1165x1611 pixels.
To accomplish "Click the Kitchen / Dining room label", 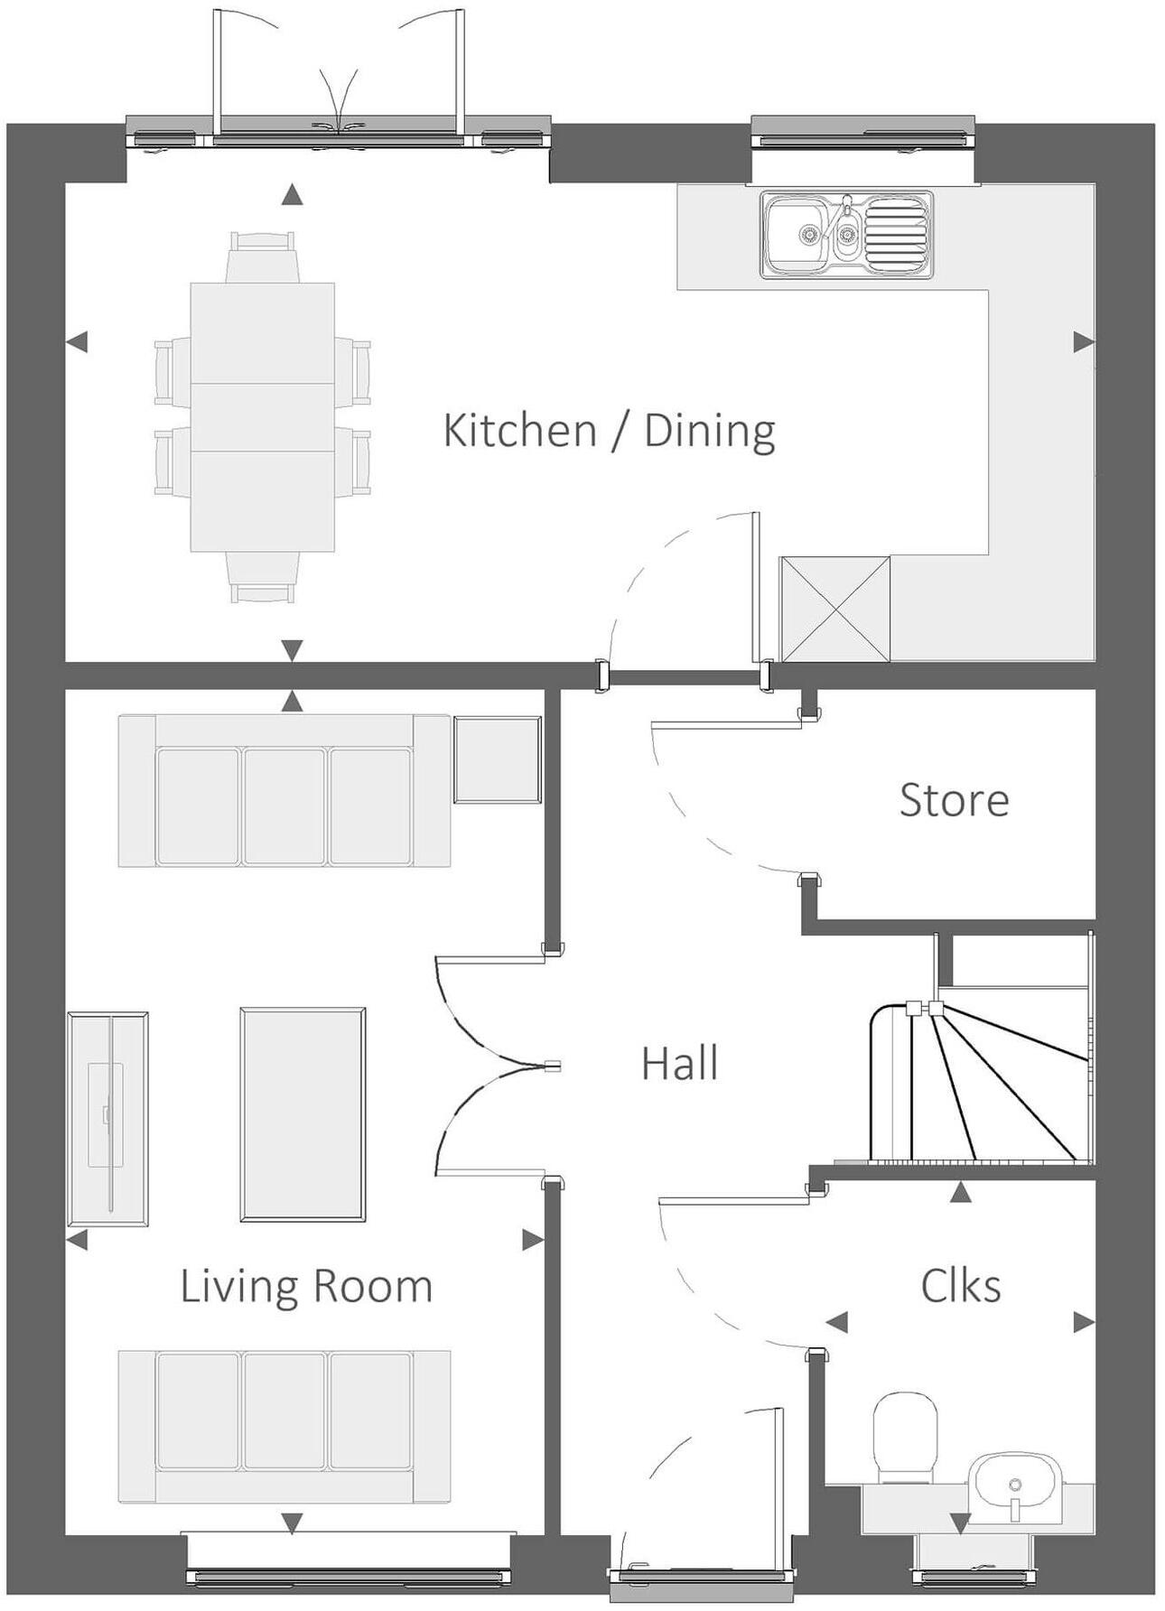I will click(x=609, y=431).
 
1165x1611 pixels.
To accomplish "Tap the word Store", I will click(x=954, y=800).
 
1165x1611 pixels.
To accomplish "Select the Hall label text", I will click(x=679, y=1064).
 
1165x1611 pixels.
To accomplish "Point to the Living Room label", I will click(x=306, y=1286).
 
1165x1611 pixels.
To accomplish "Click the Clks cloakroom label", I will click(x=960, y=1286).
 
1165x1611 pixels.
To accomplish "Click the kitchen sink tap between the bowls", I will click(x=846, y=212).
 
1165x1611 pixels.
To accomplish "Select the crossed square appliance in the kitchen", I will click(x=835, y=610).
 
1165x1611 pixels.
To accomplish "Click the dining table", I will click(x=262, y=417).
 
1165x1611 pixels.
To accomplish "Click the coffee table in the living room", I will click(x=303, y=1114).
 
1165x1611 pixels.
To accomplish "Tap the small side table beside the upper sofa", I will click(x=497, y=759).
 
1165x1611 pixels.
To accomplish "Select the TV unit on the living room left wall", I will click(x=107, y=1118).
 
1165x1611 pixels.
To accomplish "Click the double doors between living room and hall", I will click(x=492, y=1066).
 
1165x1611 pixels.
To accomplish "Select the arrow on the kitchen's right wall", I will click(x=1083, y=342).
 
